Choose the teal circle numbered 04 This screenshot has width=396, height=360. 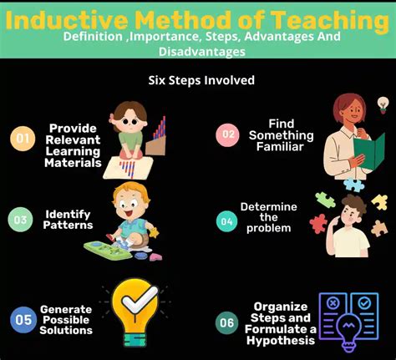click(x=226, y=221)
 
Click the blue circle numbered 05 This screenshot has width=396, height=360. click(x=21, y=317)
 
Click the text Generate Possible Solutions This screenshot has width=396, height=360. click(x=66, y=318)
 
